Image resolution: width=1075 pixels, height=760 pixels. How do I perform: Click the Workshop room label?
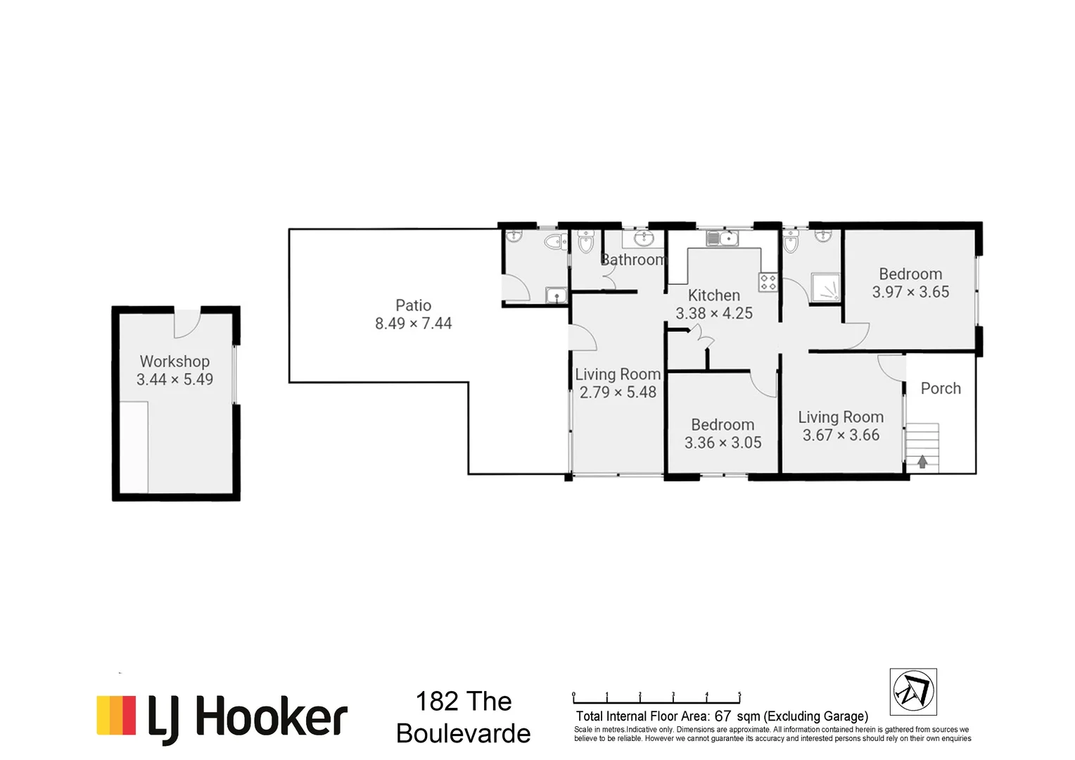(x=174, y=361)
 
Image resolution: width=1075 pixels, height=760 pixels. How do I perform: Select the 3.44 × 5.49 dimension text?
(x=174, y=379)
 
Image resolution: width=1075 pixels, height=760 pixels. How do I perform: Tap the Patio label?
(x=413, y=305)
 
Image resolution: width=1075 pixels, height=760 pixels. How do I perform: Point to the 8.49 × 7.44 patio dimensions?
(x=413, y=324)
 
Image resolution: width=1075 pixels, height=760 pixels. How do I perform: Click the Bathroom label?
(x=632, y=260)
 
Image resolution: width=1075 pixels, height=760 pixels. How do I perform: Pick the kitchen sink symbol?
(x=723, y=239)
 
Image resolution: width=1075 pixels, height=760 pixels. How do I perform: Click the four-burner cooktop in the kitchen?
(x=768, y=283)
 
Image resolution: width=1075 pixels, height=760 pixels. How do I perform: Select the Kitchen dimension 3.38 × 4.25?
(x=714, y=313)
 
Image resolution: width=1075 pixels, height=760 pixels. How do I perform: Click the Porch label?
(x=941, y=388)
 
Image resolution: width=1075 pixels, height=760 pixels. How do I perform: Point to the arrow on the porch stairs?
(x=922, y=462)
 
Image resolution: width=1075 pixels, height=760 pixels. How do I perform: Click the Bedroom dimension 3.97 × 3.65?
(x=910, y=292)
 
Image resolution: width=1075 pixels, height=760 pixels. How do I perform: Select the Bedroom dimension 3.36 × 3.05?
(x=723, y=443)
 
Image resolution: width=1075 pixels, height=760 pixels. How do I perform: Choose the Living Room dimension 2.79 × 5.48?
(x=618, y=393)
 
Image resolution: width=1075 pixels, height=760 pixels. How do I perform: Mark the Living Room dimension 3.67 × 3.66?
(x=841, y=436)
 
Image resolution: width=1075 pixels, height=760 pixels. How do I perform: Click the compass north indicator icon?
(x=913, y=692)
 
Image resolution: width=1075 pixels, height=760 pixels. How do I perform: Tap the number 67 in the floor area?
(x=723, y=716)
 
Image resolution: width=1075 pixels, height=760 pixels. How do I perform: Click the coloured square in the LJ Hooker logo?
(x=116, y=716)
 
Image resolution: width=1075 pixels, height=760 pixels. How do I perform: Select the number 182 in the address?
(x=436, y=702)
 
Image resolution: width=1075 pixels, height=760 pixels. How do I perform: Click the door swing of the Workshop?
(x=187, y=323)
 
